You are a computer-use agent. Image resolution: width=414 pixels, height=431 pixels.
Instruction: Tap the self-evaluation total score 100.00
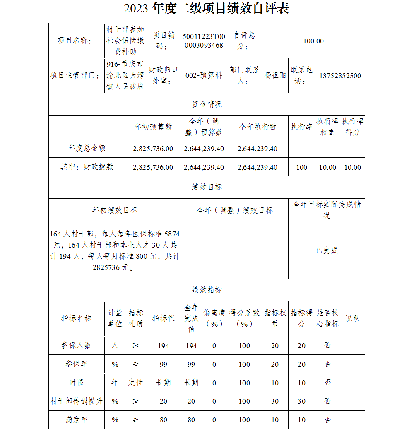tap(313, 41)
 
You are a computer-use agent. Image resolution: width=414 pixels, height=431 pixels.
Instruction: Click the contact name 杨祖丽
tap(275, 76)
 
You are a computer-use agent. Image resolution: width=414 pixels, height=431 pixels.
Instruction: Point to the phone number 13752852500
tap(340, 76)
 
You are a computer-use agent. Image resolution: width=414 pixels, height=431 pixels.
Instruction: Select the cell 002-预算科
tap(204, 76)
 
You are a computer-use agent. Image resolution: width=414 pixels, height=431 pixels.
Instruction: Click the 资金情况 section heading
tap(207, 104)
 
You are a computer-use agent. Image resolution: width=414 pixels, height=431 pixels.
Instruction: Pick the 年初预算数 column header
tap(153, 127)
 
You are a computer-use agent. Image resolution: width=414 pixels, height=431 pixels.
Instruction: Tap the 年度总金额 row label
tap(87, 148)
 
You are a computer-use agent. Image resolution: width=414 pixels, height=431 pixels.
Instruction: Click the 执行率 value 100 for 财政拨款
tap(302, 167)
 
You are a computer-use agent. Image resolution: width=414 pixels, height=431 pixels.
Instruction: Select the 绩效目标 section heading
tap(207, 187)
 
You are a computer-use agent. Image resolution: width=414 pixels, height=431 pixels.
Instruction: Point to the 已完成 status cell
tap(327, 250)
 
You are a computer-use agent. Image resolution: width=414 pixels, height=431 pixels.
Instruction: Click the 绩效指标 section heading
tap(207, 290)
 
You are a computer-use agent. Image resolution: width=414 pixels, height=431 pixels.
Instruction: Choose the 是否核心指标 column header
tap(327, 318)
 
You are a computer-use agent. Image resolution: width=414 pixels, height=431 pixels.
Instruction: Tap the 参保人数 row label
tap(77, 345)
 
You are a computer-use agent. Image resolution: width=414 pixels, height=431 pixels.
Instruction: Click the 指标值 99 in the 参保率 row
tap(164, 364)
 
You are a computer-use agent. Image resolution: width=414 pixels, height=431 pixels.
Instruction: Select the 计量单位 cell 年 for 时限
tap(115, 383)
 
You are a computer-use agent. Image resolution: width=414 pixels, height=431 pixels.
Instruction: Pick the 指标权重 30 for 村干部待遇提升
tap(275, 401)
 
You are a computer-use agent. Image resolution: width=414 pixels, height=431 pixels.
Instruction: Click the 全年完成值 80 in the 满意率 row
tap(191, 420)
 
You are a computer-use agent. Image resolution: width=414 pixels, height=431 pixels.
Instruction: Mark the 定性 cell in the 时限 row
tap(136, 383)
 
